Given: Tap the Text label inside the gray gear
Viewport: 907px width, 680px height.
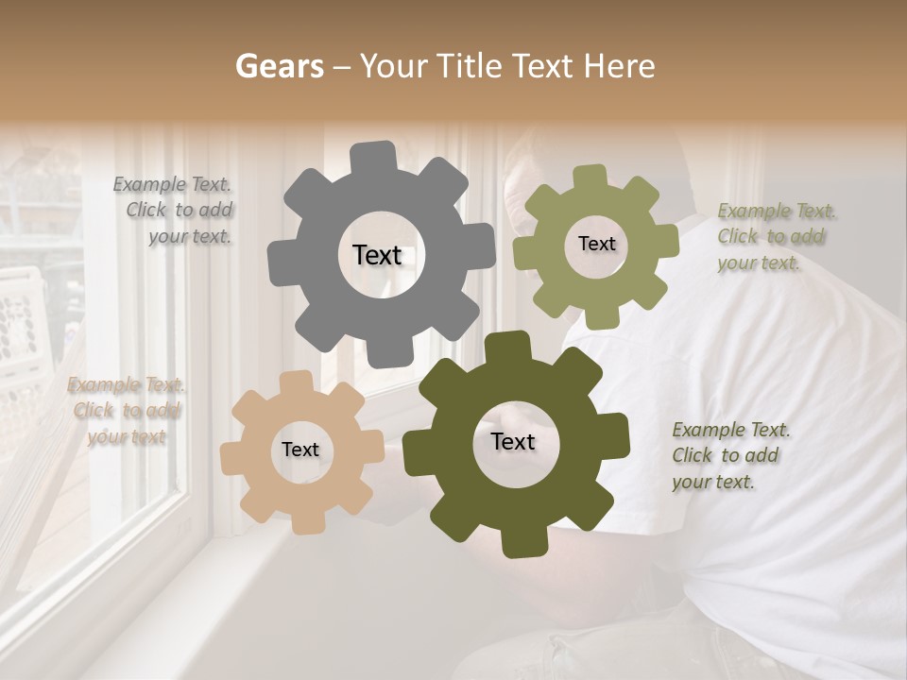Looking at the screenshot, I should [x=377, y=255].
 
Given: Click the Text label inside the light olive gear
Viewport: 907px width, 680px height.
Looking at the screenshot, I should [x=596, y=244].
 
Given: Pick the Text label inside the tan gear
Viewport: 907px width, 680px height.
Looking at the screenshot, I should [x=300, y=450].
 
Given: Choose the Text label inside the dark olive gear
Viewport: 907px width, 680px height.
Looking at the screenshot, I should [x=513, y=441].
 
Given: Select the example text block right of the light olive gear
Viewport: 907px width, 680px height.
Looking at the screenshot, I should [x=771, y=236].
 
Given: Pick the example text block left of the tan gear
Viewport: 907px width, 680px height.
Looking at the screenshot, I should [x=127, y=410].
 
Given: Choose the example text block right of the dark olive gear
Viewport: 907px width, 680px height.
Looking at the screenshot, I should [x=729, y=455].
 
